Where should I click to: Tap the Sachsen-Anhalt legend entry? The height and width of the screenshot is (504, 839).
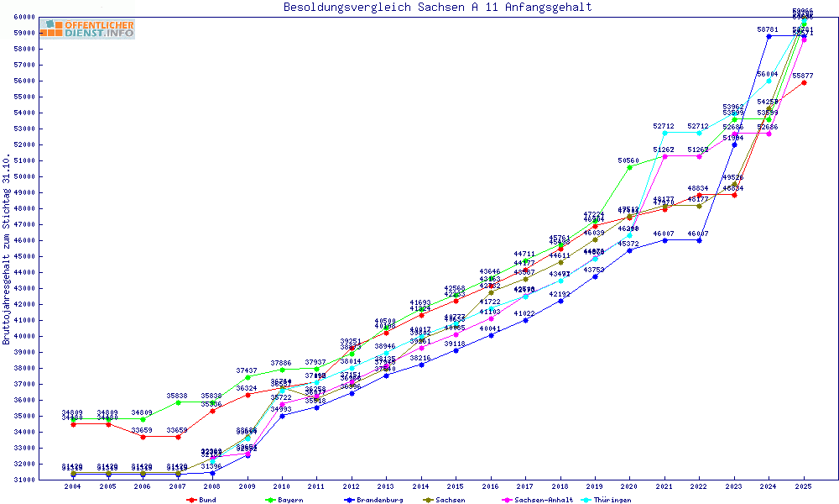[544, 500]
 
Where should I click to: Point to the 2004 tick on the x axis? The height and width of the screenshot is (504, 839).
[73, 486]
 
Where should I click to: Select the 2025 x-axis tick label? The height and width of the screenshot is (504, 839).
[804, 486]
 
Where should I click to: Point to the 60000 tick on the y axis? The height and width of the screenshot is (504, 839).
[46, 17]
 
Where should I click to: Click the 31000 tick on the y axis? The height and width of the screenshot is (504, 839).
[46, 480]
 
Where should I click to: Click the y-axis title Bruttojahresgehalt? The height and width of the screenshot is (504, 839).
[7, 249]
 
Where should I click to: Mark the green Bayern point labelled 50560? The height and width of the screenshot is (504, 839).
[630, 167]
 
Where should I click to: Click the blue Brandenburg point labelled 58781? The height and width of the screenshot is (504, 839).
[769, 36]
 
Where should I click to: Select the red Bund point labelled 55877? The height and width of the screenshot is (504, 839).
[804, 82]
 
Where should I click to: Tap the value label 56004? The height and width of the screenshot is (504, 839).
[768, 74]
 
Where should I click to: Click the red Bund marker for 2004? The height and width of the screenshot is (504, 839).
[73, 424]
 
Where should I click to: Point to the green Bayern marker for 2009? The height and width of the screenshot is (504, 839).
[248, 377]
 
